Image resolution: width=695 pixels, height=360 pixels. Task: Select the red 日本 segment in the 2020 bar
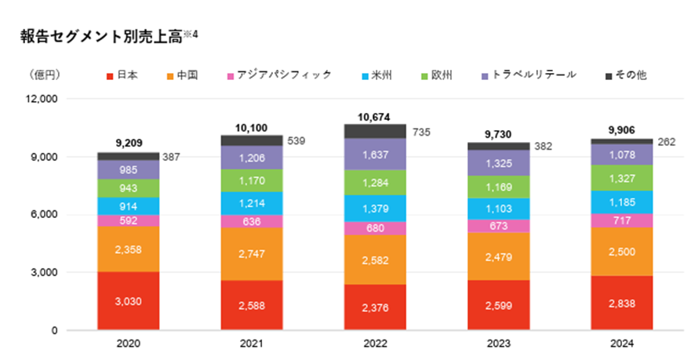coord(129,301)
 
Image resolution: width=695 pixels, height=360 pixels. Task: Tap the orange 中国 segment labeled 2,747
coord(252,254)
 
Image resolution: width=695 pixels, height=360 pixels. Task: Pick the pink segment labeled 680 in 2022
coord(376,227)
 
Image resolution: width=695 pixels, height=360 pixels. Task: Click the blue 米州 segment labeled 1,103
coord(499,208)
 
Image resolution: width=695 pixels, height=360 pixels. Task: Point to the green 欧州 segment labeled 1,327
coord(622,177)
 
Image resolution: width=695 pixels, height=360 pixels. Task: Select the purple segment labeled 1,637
coord(376,157)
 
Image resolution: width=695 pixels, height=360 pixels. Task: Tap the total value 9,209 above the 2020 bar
coord(129,144)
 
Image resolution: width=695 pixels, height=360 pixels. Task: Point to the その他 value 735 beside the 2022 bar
coord(420,132)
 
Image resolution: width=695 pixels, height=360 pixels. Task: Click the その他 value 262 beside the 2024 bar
coord(667,142)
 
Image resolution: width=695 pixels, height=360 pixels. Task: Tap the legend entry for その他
coord(625,75)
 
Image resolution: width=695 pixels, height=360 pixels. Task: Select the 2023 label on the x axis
coord(499,344)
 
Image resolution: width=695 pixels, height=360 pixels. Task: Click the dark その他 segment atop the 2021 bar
coord(252,140)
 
